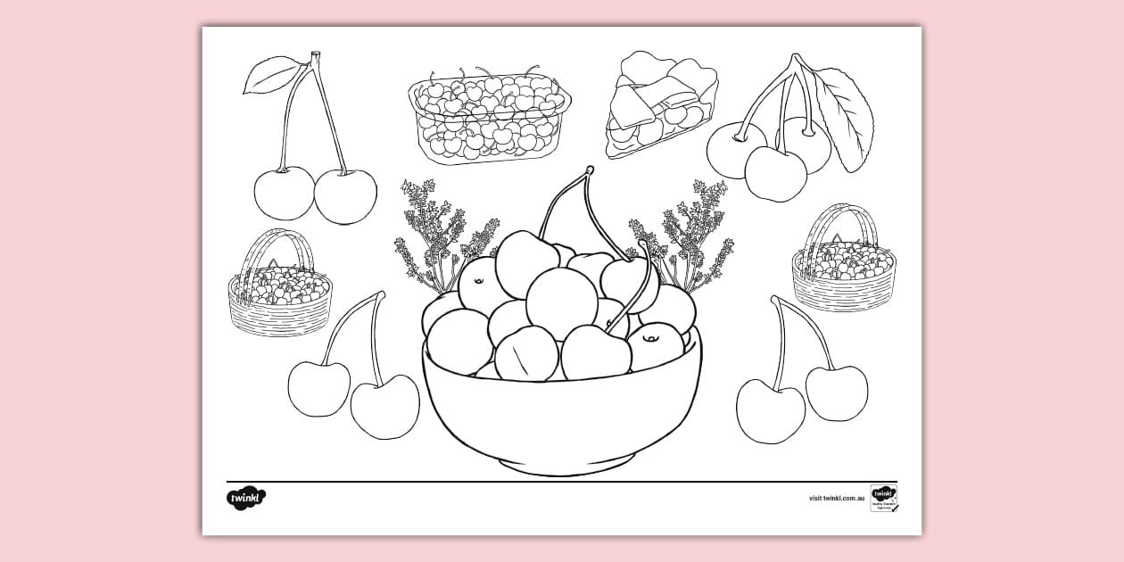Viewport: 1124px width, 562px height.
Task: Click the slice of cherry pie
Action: coord(661,106)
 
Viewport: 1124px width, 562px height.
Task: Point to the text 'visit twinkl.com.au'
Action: coord(838,499)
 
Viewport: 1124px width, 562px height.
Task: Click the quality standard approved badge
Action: coord(883,498)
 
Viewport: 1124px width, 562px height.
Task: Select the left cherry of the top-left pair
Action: coord(284,193)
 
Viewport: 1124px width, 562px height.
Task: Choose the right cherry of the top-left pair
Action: coord(345,196)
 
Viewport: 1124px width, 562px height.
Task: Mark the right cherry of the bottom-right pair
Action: coord(836,393)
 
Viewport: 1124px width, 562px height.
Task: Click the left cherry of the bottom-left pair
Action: coord(318,388)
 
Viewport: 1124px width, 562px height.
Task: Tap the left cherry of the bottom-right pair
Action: coord(770,410)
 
